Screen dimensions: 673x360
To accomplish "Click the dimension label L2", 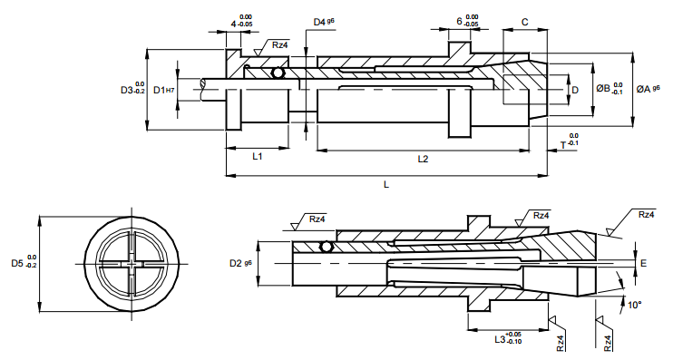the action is click(x=423, y=160).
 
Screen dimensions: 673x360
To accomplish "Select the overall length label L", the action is click(x=386, y=184).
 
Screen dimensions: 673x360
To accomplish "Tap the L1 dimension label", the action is click(x=257, y=157).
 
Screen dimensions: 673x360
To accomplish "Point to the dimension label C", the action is click(x=524, y=23).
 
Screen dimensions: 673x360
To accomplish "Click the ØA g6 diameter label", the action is click(x=649, y=89).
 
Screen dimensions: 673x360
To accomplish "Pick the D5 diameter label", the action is click(x=24, y=262).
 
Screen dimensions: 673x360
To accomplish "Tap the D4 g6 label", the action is click(x=324, y=22).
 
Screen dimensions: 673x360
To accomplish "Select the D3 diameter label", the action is click(x=132, y=88).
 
